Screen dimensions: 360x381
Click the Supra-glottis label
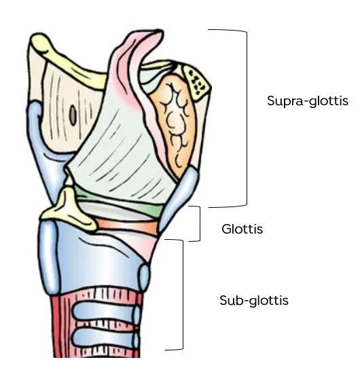(x=308, y=101)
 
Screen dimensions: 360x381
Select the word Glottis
(x=242, y=229)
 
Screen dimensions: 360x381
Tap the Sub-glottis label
(x=254, y=300)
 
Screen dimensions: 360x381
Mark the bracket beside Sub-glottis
(x=183, y=295)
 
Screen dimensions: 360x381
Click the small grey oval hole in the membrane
(x=73, y=116)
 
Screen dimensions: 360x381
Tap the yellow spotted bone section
(x=196, y=83)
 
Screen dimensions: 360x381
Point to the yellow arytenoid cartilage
(x=70, y=209)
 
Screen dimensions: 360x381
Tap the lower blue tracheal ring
(x=106, y=338)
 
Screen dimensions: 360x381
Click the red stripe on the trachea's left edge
(x=56, y=326)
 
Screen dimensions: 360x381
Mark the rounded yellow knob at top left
(x=41, y=43)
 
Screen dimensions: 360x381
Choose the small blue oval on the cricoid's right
(x=144, y=278)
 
